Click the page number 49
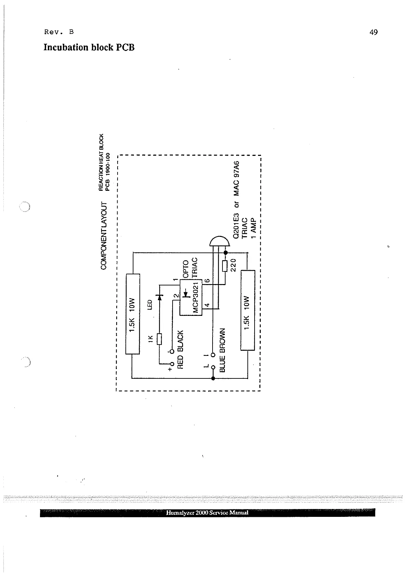374,32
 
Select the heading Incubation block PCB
89,48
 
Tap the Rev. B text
59,32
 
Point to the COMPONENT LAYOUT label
104,235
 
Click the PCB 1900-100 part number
108,171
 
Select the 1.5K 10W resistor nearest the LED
133,314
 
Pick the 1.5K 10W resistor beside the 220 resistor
248,310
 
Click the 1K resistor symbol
159,339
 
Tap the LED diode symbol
159,296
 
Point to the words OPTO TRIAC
190,268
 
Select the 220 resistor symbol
225,266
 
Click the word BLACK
181,341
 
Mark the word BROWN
222,340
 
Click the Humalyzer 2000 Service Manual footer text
207,512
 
